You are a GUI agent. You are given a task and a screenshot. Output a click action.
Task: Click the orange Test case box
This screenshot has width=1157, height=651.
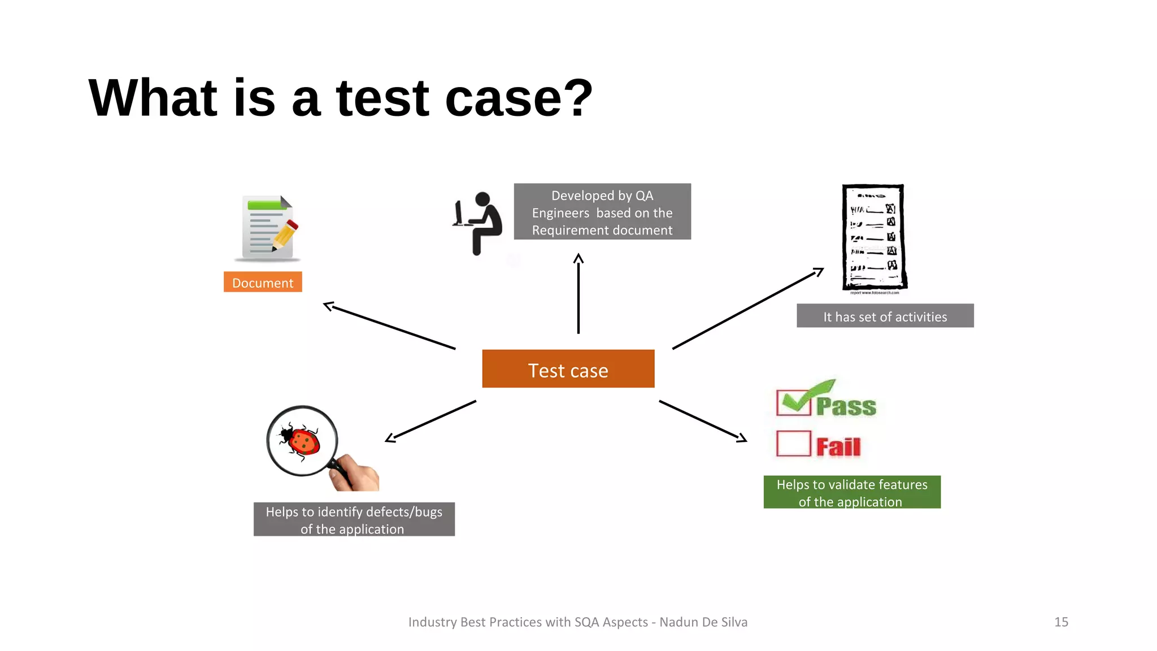point(568,368)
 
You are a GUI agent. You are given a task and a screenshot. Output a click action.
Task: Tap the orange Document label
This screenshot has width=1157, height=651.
point(263,282)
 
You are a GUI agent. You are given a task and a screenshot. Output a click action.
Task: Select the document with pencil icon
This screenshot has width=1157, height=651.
point(267,228)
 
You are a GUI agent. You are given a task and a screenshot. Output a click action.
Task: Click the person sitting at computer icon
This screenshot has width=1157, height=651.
point(478,223)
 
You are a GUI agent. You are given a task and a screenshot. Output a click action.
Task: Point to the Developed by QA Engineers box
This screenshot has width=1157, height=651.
point(602,212)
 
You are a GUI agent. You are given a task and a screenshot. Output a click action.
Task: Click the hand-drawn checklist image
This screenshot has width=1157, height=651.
point(873,238)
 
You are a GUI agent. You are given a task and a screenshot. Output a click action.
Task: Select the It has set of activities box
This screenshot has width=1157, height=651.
point(885,316)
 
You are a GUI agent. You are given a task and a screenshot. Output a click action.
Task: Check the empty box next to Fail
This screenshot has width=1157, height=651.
point(793,444)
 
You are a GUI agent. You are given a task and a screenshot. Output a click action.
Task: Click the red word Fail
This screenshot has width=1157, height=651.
point(838,447)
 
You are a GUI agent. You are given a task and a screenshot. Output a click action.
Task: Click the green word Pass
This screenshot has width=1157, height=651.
point(846,406)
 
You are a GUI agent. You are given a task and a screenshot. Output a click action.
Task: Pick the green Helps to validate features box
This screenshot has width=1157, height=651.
point(852,492)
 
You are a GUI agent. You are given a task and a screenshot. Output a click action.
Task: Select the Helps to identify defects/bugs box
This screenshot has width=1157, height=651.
point(354,519)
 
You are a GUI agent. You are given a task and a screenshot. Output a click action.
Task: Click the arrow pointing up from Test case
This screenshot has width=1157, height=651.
point(578,294)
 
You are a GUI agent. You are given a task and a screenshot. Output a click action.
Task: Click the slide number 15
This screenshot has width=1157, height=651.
point(1061,622)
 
